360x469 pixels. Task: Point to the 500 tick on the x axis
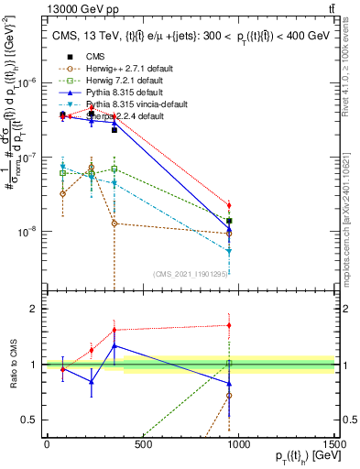click(142, 446)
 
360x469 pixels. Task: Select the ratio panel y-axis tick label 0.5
click(29, 419)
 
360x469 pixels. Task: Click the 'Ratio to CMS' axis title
click(11, 365)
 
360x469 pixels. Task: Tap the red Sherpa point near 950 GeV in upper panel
click(229, 205)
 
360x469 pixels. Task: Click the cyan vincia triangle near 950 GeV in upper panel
click(229, 250)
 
